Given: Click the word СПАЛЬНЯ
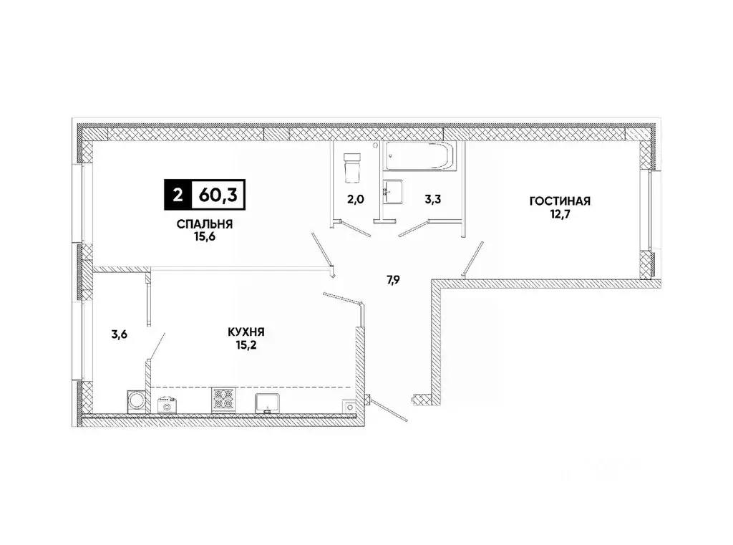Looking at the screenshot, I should pyautogui.click(x=205, y=224).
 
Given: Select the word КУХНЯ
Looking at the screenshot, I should pyautogui.click(x=247, y=332).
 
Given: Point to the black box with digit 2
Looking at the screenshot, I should pyautogui.click(x=177, y=193).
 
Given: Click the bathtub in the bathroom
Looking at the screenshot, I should pyautogui.click(x=419, y=157).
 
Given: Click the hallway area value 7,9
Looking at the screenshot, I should pyautogui.click(x=394, y=280).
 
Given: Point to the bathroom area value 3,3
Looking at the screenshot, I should pyautogui.click(x=432, y=201).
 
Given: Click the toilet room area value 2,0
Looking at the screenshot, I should pyautogui.click(x=356, y=201).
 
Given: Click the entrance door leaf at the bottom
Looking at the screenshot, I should pyautogui.click(x=388, y=410).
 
